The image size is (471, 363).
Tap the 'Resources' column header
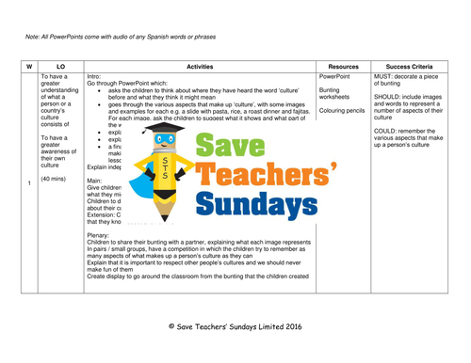pos(342,67)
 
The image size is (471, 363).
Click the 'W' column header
pos(29,67)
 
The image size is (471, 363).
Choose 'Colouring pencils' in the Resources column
pos(342,110)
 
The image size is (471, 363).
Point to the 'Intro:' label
pos(99,76)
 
